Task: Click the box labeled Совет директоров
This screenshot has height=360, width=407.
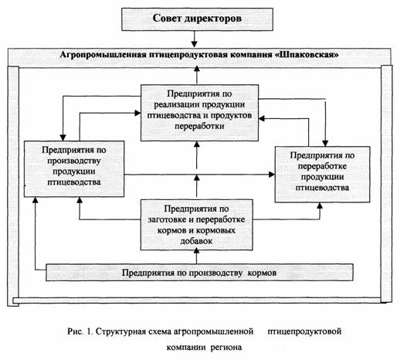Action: [x=197, y=19]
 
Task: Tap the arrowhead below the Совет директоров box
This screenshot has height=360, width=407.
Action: [x=194, y=43]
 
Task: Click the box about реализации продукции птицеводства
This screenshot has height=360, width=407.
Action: [x=199, y=113]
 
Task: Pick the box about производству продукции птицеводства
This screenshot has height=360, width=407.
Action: [x=74, y=168]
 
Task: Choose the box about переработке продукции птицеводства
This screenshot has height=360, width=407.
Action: [x=322, y=175]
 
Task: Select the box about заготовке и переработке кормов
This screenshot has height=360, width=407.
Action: [x=196, y=225]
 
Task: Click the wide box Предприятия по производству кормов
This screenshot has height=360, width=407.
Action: [x=199, y=273]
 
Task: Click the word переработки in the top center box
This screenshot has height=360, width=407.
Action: [x=199, y=127]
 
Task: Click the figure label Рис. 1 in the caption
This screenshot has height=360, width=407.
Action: [x=80, y=331]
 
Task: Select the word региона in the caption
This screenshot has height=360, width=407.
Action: [x=226, y=348]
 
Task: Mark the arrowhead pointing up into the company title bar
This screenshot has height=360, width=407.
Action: [x=197, y=69]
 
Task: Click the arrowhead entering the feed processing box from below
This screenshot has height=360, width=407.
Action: [x=196, y=251]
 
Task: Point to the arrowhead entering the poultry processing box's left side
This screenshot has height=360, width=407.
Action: [x=272, y=175]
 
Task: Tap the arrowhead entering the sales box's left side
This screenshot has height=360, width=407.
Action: [x=137, y=113]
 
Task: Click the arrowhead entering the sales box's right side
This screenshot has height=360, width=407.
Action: [x=262, y=119]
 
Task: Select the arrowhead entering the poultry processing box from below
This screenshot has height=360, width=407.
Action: [x=320, y=205]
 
